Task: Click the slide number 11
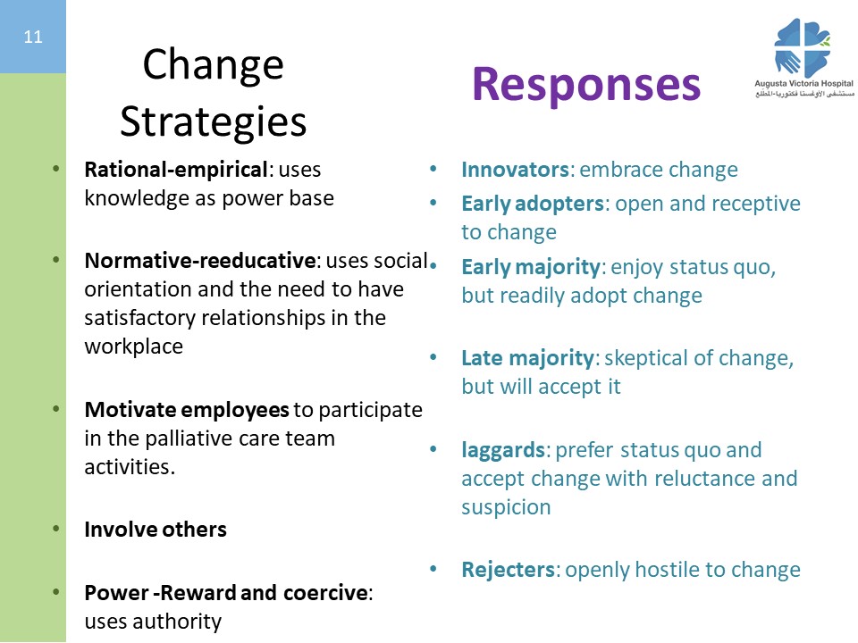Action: pyautogui.click(x=33, y=37)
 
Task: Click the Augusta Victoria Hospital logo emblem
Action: pyautogui.click(x=803, y=48)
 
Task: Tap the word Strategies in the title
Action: pyautogui.click(x=213, y=122)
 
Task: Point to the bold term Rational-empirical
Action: pyautogui.click(x=176, y=170)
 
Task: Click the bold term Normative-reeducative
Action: pyautogui.click(x=200, y=260)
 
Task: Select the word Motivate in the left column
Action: pyautogui.click(x=130, y=410)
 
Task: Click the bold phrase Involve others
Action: pyautogui.click(x=156, y=530)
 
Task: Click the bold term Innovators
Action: pyautogui.click(x=515, y=170)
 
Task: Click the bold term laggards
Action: pyautogui.click(x=502, y=450)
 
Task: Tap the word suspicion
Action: pyautogui.click(x=506, y=507)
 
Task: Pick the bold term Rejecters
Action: pyautogui.click(x=508, y=570)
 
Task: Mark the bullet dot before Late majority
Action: pyautogui.click(x=433, y=357)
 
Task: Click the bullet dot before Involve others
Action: pyautogui.click(x=55, y=529)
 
